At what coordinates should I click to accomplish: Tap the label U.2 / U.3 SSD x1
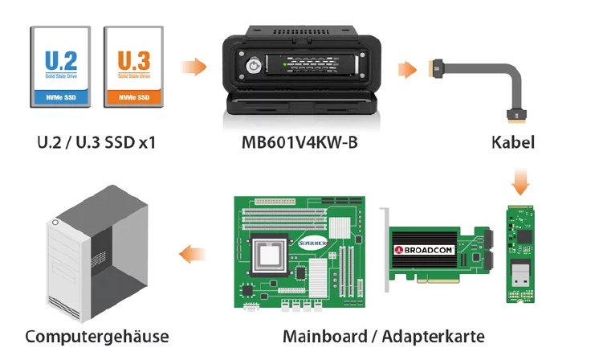tap(96, 144)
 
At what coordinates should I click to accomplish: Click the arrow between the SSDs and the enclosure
tap(189, 67)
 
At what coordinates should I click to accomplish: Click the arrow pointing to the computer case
tap(189, 255)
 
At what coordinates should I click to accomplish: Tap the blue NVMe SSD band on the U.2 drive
tap(62, 98)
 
